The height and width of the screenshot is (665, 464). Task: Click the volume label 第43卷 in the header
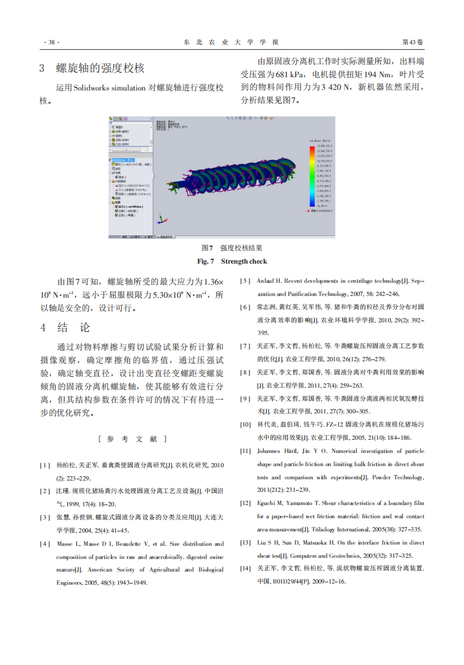pos(412,42)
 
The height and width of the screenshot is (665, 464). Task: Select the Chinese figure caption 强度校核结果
pos(241,248)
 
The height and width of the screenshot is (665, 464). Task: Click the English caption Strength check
pos(243,261)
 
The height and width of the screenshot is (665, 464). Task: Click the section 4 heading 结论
pos(73,328)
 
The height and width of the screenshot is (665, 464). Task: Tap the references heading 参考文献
pos(132,439)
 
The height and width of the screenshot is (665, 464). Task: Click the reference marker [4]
pos(45,544)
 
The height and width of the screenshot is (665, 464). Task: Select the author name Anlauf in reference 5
pos(266,281)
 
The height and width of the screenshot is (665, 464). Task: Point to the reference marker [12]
pos(245,503)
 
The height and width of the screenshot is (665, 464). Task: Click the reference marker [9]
pos(245,398)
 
